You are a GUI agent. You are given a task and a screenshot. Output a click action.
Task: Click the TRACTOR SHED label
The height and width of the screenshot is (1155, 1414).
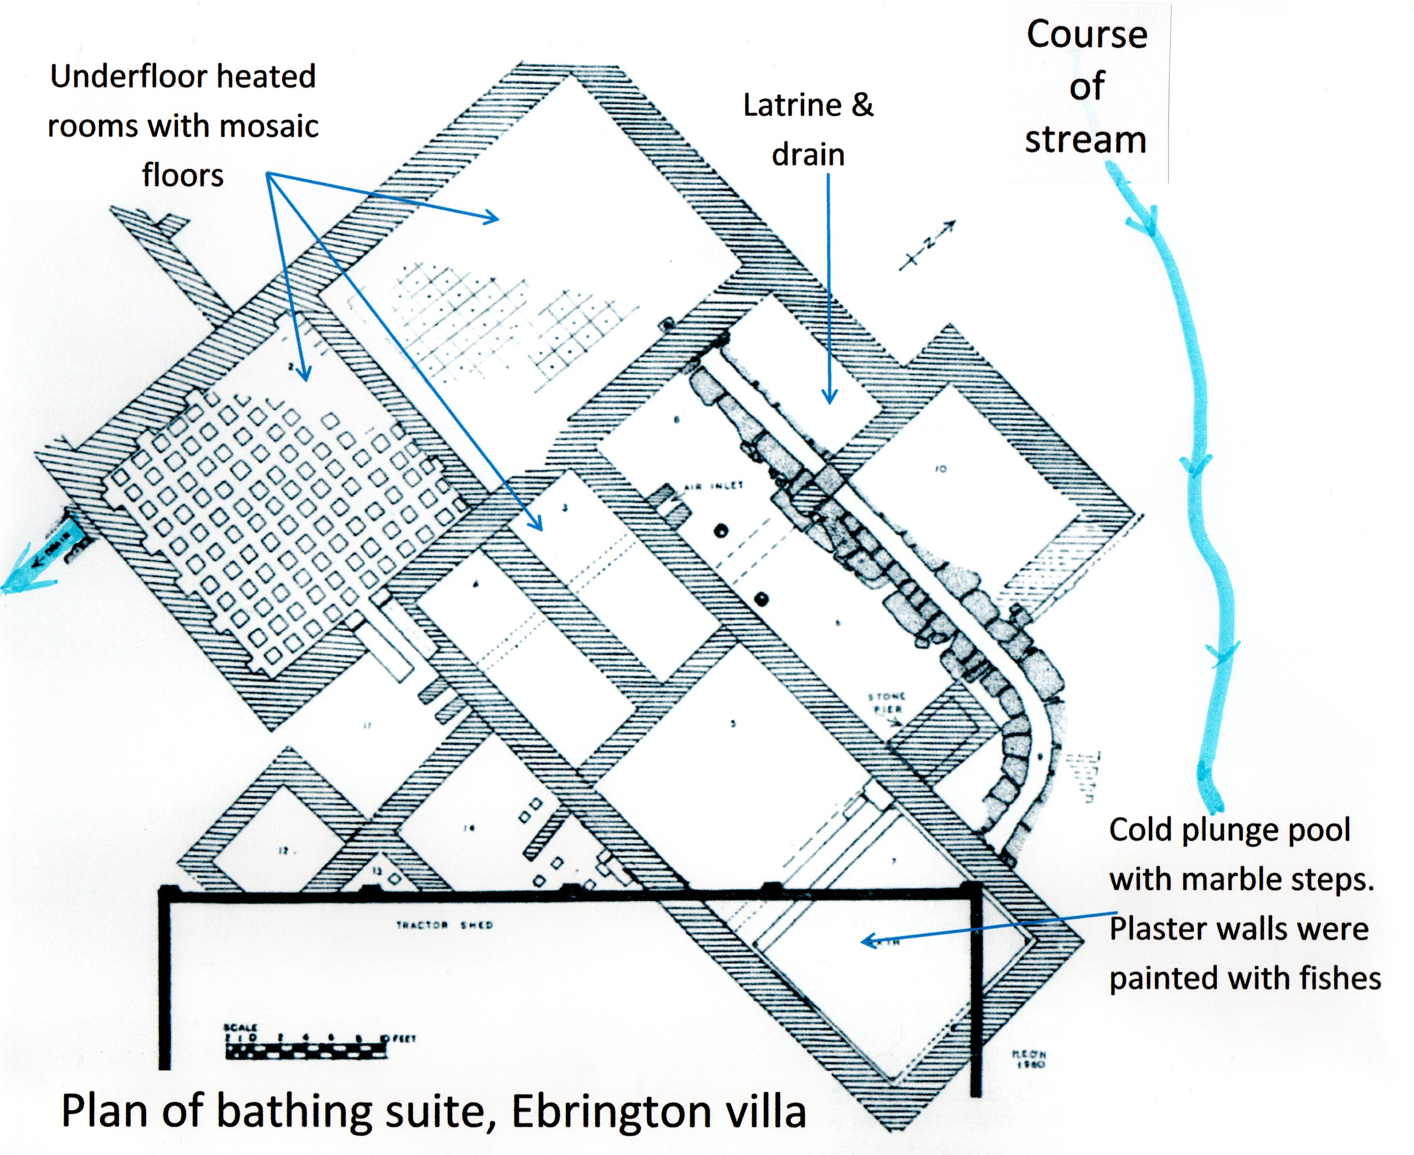click(x=444, y=925)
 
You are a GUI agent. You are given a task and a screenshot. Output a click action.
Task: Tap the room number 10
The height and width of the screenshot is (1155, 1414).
click(x=940, y=469)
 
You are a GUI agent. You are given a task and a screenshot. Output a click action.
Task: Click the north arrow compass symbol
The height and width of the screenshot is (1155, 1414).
click(x=928, y=244)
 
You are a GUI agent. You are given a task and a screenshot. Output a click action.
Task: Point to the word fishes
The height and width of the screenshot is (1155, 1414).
click(x=1340, y=978)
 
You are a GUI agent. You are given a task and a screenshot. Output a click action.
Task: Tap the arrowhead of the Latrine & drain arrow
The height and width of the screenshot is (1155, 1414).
click(x=829, y=398)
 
